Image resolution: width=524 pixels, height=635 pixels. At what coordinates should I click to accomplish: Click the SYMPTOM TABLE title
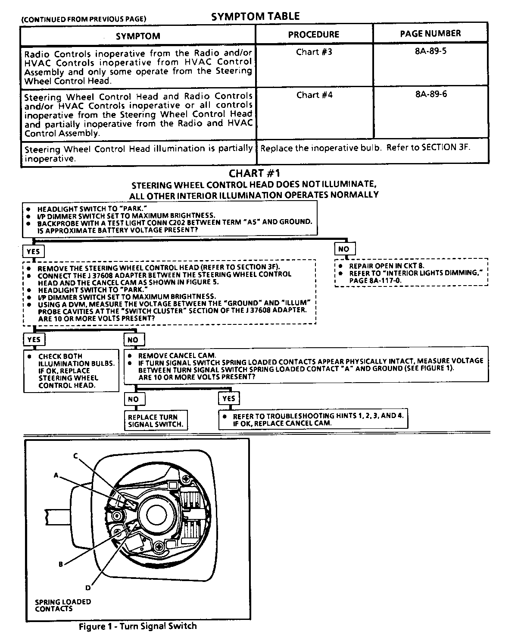pyautogui.click(x=255, y=16)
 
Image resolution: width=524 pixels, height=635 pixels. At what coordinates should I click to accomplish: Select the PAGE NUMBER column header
pyautogui.click(x=430, y=34)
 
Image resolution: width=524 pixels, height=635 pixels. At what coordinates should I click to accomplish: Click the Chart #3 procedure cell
pyautogui.click(x=314, y=52)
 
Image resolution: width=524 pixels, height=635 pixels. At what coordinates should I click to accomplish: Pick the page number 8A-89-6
pyautogui.click(x=431, y=94)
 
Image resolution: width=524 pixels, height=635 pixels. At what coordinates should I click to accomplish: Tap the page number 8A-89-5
pyautogui.click(x=431, y=51)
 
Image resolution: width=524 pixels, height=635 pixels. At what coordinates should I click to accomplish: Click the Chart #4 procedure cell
pyautogui.click(x=314, y=95)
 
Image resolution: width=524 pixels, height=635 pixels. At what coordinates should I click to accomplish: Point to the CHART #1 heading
pyautogui.click(x=254, y=173)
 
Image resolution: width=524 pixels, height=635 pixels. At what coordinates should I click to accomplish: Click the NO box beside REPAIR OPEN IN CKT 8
pyautogui.click(x=343, y=249)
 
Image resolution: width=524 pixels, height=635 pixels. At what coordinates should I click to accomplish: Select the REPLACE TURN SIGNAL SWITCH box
pyautogui.click(x=156, y=421)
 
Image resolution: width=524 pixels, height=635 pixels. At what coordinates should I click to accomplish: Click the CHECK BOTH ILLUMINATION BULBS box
pyautogui.click(x=72, y=371)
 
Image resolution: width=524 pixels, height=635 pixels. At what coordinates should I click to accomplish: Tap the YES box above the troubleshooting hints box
pyautogui.click(x=228, y=399)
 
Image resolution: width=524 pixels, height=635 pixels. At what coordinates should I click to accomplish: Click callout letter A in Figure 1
pyautogui.click(x=56, y=475)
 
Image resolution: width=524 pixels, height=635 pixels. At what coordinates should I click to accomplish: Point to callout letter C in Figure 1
pyautogui.click(x=75, y=456)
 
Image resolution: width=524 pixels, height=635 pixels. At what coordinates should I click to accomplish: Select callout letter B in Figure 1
pyautogui.click(x=61, y=564)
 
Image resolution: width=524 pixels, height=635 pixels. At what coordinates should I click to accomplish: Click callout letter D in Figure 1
pyautogui.click(x=88, y=587)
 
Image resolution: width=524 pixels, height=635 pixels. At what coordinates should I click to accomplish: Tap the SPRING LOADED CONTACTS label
pyautogui.click(x=63, y=605)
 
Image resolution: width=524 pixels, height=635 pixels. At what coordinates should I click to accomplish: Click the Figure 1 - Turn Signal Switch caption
pyautogui.click(x=137, y=626)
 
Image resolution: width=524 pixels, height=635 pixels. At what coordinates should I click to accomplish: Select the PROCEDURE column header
pyautogui.click(x=313, y=35)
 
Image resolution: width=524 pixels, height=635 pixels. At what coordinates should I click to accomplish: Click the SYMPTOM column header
pyautogui.click(x=138, y=36)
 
